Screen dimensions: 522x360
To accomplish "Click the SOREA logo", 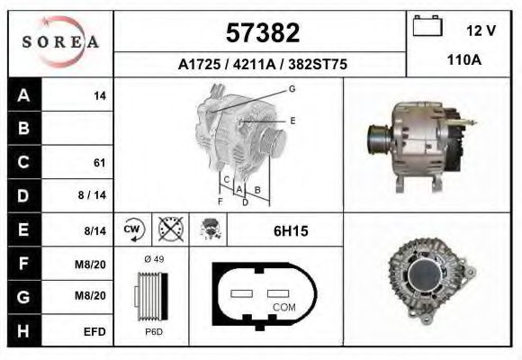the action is [x=60, y=42].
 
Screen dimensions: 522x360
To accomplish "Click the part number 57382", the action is [x=263, y=32].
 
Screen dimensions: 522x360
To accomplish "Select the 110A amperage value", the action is [x=464, y=60].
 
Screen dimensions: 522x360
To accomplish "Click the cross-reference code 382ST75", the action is [x=318, y=64].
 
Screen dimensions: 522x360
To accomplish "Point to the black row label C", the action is [x=24, y=162].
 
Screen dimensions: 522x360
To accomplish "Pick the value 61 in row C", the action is [x=100, y=163].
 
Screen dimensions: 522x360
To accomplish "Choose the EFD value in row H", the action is [x=94, y=332].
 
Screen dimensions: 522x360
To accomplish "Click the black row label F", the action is [x=24, y=263].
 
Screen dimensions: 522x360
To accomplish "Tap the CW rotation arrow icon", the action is [x=133, y=229].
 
